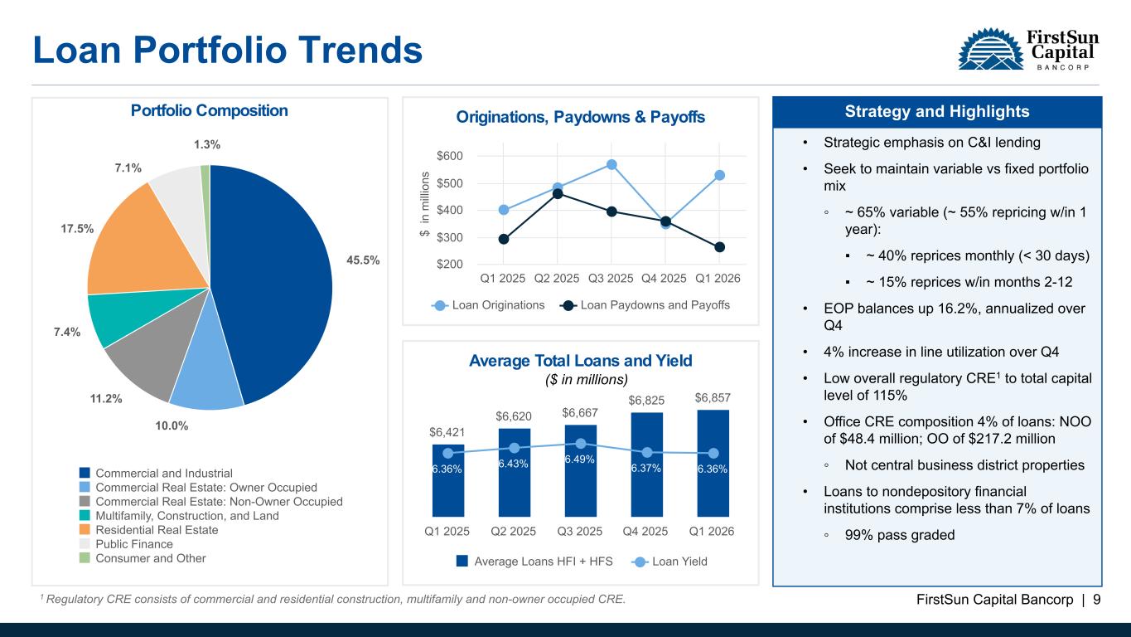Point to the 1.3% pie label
click(207, 144)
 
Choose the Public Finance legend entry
click(134, 544)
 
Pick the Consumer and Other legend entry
click(151, 558)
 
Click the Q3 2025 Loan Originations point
click(611, 164)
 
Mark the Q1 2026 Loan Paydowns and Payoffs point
click(719, 247)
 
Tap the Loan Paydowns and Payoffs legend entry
click(655, 305)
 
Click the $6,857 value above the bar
click(713, 399)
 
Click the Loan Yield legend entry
click(679, 562)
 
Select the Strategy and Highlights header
click(936, 112)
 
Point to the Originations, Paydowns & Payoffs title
click(580, 118)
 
